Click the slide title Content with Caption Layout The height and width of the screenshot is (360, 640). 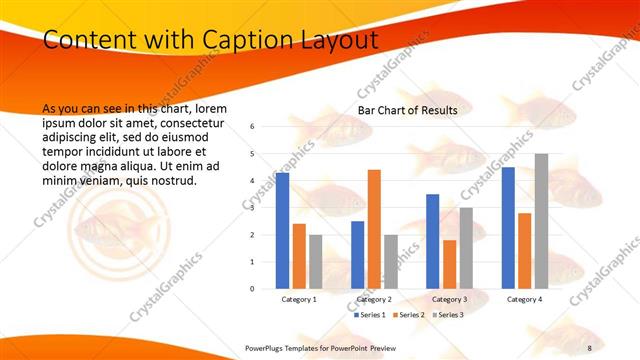pyautogui.click(x=211, y=40)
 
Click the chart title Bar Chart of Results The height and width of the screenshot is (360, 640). pyautogui.click(x=407, y=110)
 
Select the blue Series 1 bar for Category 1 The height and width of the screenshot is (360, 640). pyautogui.click(x=283, y=231)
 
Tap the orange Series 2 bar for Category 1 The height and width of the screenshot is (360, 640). pyautogui.click(x=299, y=256)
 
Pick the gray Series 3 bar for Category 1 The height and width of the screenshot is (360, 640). pyautogui.click(x=315, y=262)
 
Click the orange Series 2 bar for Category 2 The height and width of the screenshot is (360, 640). pyautogui.click(x=374, y=229)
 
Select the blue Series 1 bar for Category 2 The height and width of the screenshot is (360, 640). pyautogui.click(x=358, y=255)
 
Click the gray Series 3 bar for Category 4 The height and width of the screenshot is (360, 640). pyautogui.click(x=541, y=221)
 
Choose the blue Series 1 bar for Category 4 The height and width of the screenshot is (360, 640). pyautogui.click(x=509, y=228)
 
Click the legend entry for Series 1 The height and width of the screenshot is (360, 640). pyautogui.click(x=371, y=314)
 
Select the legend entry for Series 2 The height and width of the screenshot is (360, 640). pyautogui.click(x=409, y=314)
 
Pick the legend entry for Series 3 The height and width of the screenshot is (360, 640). pyautogui.click(x=447, y=314)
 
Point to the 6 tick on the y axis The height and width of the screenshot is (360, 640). pyautogui.click(x=253, y=127)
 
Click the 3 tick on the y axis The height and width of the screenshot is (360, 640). pyautogui.click(x=253, y=208)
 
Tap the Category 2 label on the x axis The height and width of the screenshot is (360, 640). pyautogui.click(x=374, y=299)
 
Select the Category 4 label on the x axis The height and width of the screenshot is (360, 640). pyautogui.click(x=525, y=299)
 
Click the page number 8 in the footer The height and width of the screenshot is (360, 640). pyautogui.click(x=590, y=346)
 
